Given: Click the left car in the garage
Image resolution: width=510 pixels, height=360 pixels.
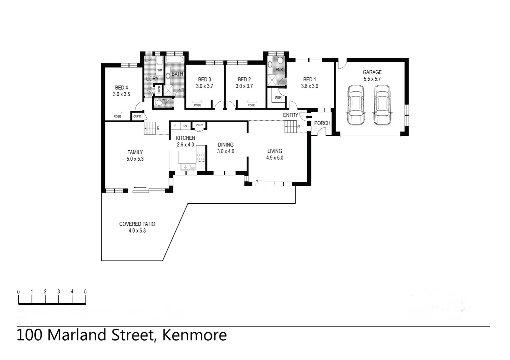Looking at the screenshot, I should point(355,105).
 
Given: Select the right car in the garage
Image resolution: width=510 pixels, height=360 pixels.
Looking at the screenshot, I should point(382,105).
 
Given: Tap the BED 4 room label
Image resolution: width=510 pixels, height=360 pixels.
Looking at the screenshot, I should point(121,88).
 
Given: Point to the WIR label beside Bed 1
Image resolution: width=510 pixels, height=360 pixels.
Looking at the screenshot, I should point(278,98).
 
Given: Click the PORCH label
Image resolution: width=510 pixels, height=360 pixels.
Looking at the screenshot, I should point(322,123).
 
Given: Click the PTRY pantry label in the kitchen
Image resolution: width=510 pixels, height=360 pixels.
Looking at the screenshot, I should point(199,125).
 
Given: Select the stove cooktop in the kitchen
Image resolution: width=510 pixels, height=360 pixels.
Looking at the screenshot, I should point(200,157).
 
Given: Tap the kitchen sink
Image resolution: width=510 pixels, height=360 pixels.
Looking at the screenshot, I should point(187,167).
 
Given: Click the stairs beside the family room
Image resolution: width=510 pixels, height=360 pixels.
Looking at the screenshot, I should point(150,128).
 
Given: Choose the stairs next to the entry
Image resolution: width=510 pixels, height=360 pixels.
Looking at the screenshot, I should point(290,127).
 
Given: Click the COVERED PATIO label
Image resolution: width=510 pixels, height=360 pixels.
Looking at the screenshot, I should point(137,224).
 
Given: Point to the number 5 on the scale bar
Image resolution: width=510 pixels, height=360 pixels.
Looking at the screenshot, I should point(85,292).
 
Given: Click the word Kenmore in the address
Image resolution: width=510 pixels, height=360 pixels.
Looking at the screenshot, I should point(194,335).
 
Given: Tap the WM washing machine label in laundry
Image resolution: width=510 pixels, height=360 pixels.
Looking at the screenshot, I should point(159,70).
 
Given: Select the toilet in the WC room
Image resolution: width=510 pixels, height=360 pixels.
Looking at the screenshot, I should point(159,103).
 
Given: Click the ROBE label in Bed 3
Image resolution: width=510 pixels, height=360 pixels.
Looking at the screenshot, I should point(197,105).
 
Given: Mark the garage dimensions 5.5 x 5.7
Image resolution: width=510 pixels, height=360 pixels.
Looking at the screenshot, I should point(372,79).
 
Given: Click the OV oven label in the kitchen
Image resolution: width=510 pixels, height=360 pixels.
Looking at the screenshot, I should point(185,126).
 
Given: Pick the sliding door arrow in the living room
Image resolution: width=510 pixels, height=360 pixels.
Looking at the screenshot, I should point(260,181).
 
